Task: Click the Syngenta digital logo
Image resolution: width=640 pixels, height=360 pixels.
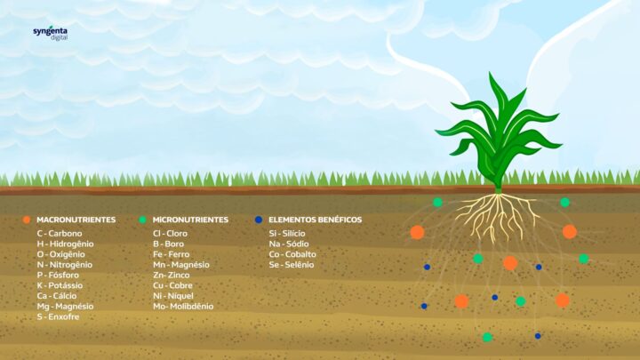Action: coord(51,34)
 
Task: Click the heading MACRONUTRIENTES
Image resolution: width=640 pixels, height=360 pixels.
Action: coord(76,220)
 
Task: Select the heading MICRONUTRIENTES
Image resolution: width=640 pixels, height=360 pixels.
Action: coord(190,220)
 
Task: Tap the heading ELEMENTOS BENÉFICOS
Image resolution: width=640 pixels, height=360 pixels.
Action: coord(315,220)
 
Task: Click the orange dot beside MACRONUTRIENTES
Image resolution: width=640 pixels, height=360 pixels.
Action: coord(27,220)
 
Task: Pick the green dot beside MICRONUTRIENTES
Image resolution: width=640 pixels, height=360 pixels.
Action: coord(142,220)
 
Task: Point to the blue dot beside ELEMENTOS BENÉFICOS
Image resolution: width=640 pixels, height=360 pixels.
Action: coord(259,220)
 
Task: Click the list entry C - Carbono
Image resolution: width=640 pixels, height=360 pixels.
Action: coord(60,234)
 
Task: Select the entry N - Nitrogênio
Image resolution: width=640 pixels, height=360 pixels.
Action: coord(65,265)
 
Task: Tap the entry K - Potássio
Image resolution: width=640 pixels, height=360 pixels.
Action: coord(60,285)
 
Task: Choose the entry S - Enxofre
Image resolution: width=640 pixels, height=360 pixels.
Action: coord(59,316)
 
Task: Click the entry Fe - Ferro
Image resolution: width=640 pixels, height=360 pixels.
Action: coord(172,254)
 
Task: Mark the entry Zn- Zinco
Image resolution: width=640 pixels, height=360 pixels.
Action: coord(172,275)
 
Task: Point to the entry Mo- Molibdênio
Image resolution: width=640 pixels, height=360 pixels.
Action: coord(183,306)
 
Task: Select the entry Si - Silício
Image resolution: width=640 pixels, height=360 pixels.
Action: coord(287,234)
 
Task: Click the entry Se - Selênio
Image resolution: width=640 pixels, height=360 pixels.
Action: coord(292,265)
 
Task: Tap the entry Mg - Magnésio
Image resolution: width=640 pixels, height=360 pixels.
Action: coord(65,306)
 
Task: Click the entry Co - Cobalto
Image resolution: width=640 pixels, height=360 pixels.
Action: coord(292,254)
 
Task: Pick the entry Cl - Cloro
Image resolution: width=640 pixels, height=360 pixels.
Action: coord(170,234)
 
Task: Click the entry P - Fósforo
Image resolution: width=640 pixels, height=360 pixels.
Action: coord(58,275)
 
